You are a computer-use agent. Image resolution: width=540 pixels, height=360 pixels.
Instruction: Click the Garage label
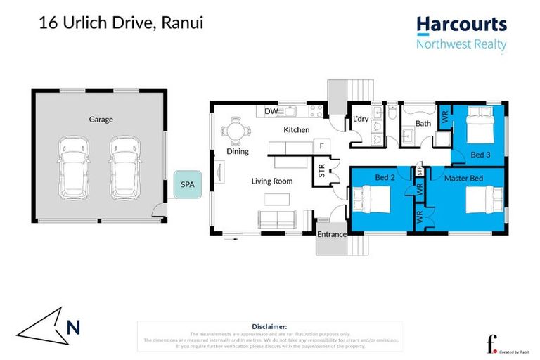pos(101,119)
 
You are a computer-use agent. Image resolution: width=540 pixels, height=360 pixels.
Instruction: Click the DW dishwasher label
pos(271,112)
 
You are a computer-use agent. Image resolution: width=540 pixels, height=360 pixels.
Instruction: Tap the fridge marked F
pos(322,146)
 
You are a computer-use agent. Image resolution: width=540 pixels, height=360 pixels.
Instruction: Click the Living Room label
pos(272,181)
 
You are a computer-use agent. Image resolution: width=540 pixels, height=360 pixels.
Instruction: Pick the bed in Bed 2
pos(371,201)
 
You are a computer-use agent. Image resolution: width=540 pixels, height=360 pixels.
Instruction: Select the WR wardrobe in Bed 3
pos(444,117)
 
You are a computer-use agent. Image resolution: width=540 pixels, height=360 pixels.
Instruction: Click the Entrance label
pos(331,234)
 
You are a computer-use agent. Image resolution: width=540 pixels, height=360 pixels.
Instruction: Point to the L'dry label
pos(361,119)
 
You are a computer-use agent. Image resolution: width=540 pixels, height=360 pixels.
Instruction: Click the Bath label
pos(423,124)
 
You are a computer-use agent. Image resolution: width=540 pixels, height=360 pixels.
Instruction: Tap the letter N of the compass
pos(73,327)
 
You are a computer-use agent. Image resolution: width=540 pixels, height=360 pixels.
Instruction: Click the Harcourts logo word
pos(461,25)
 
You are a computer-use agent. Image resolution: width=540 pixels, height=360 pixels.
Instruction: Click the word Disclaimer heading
pos(269,326)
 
